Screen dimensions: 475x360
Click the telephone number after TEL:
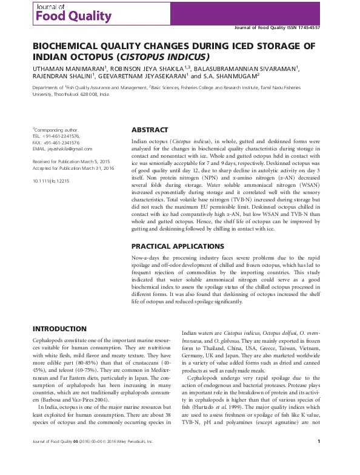(62, 136)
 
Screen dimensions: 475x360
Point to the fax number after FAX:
(63, 143)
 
